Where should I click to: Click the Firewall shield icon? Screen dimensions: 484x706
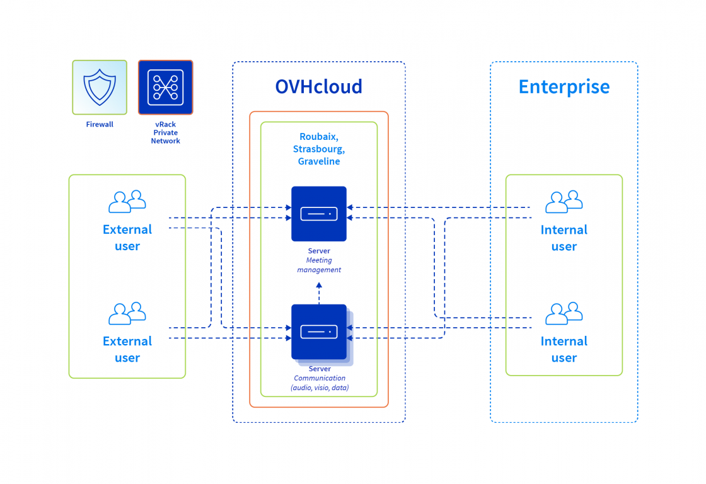100,87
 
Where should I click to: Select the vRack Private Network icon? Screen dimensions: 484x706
165,87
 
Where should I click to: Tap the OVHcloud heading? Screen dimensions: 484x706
318,86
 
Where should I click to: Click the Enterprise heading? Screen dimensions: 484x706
564,86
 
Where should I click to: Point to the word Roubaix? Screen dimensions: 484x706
319,137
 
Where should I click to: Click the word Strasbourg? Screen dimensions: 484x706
319,149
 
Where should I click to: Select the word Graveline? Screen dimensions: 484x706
319,161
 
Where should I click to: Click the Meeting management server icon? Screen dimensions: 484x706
319,214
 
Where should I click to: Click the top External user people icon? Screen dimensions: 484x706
127,202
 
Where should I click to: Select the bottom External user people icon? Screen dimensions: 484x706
127,313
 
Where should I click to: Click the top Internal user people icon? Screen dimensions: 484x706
564,202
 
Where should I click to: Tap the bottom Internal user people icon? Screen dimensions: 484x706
564,313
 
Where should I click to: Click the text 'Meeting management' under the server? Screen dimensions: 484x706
319,265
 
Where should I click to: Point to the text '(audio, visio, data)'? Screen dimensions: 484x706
320,388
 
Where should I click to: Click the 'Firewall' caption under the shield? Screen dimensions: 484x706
100,125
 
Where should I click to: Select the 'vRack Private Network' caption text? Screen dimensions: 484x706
165,133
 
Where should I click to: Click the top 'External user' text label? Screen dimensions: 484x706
127,238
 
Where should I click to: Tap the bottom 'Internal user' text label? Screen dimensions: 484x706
564,349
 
